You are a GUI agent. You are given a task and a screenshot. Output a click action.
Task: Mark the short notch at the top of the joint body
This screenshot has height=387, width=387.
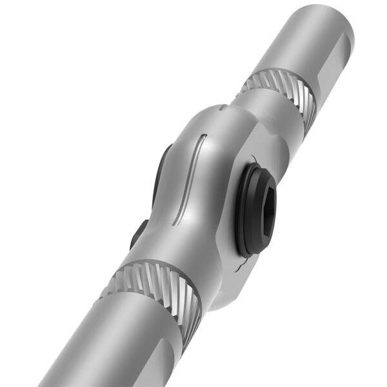pyautogui.click(x=223, y=108)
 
